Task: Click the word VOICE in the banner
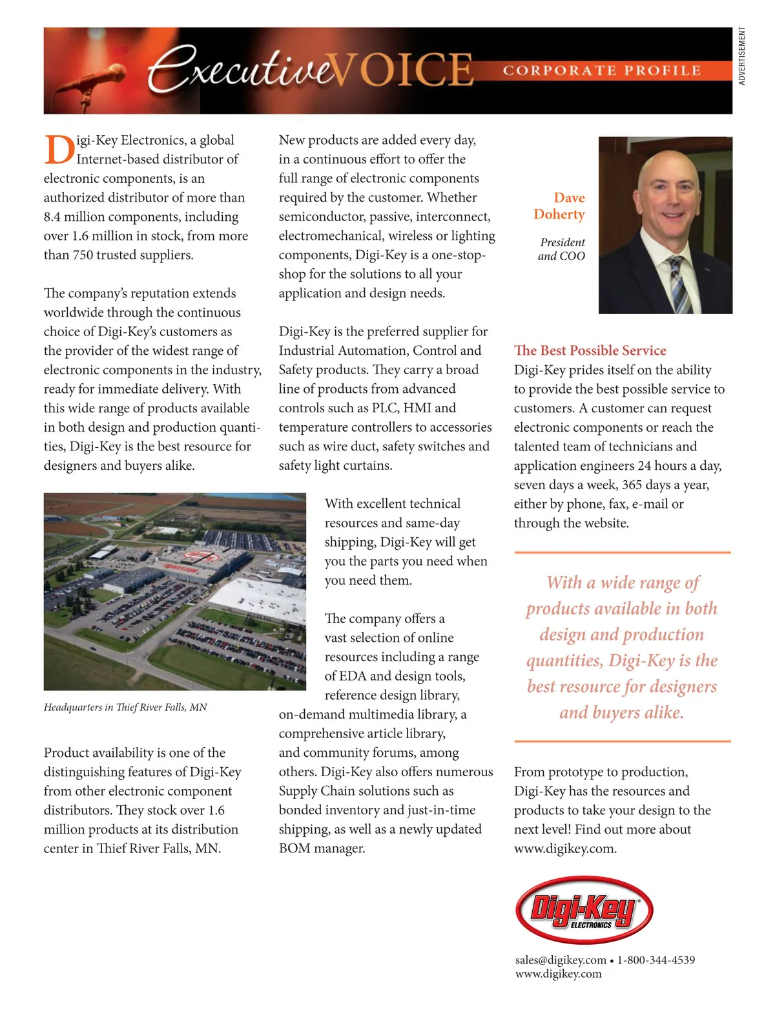coord(404,70)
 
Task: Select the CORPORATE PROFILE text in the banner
coord(602,70)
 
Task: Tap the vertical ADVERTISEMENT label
coord(742,56)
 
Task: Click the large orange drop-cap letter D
coord(59,149)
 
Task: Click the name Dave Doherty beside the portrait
coord(560,206)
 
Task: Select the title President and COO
coord(562,249)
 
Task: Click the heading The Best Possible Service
coord(590,350)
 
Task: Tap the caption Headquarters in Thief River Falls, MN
coord(125,707)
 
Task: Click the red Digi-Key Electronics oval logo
coord(584,910)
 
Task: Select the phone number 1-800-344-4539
coord(656,960)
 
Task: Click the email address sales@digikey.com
coord(561,960)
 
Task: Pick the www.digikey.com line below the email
coord(558,974)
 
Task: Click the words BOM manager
coord(322,848)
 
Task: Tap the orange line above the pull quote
coord(622,553)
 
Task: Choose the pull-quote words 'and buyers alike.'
coord(621,712)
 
